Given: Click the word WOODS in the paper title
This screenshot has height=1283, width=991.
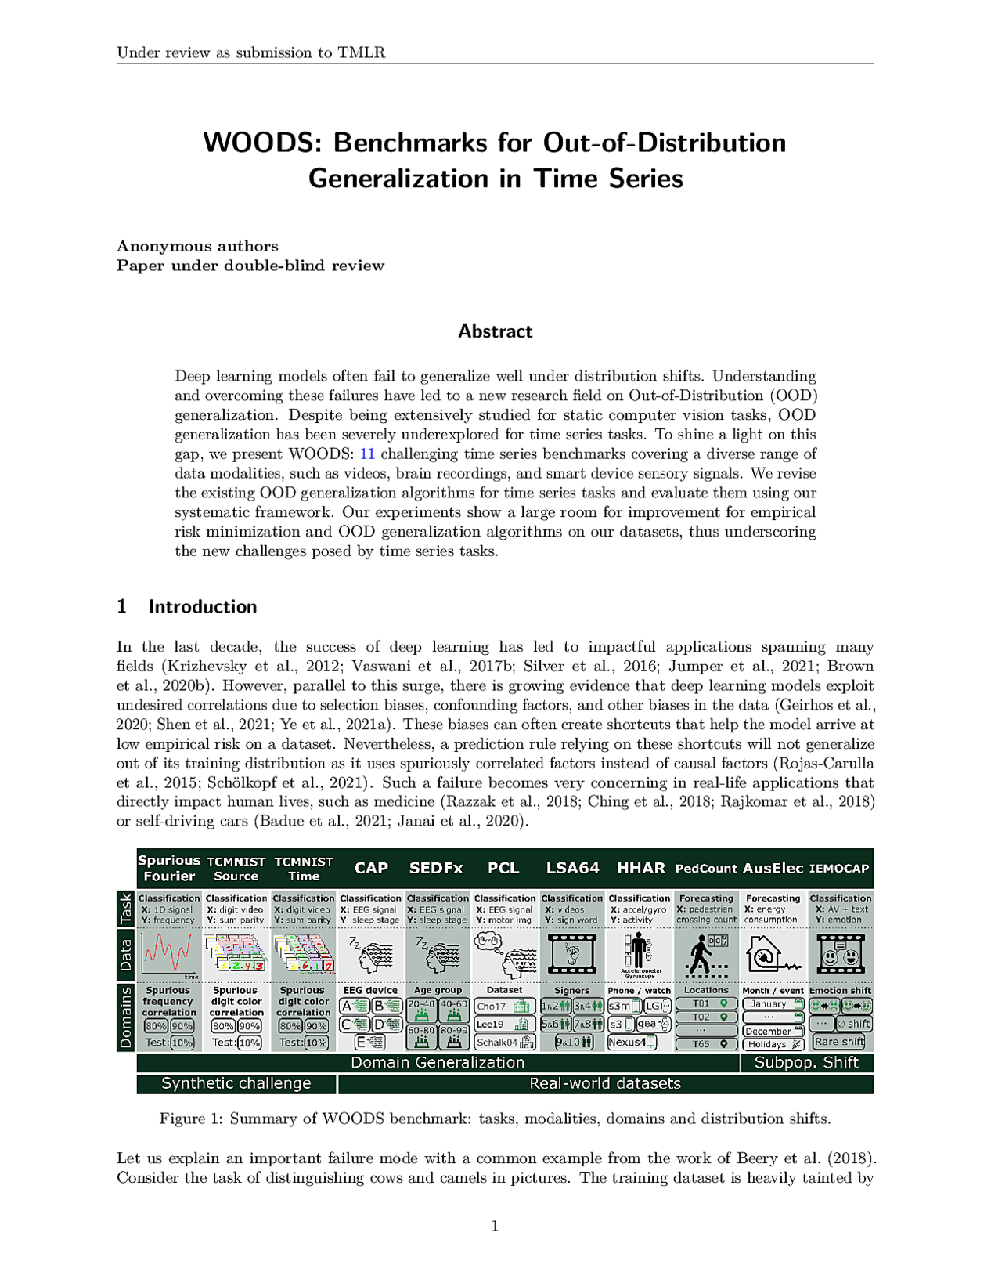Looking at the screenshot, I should point(261,143).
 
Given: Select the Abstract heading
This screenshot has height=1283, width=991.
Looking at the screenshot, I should point(495,331).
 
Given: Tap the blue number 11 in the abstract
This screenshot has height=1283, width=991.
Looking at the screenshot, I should point(366,454).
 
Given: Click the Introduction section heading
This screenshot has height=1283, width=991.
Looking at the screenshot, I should point(202,606).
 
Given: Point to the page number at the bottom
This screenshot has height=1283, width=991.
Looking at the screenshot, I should point(495,1226).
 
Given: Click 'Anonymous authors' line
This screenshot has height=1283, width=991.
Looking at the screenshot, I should point(197,246).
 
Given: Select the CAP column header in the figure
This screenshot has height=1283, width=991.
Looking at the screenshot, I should point(371,868).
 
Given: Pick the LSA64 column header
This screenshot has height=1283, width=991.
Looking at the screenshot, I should point(572,868).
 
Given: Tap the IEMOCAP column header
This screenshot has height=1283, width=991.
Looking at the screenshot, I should point(839,869).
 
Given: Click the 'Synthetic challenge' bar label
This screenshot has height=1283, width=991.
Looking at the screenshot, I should point(236,1083).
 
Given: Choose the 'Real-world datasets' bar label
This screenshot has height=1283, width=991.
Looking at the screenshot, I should point(605,1083).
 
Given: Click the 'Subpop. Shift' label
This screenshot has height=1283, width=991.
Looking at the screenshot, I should point(806,1062).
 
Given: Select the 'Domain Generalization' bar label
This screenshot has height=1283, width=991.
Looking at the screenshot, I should point(438,1062).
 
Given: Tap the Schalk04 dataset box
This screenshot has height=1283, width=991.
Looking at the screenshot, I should point(505,1043).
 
